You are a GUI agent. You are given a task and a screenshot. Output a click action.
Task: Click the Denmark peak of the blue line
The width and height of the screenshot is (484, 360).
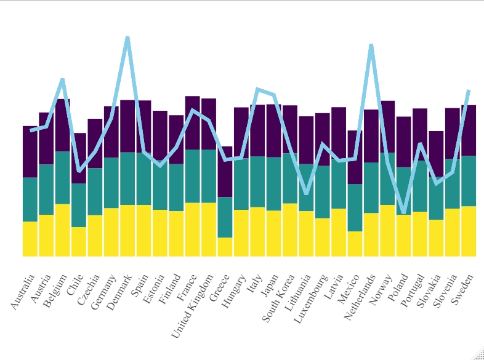click(x=127, y=38)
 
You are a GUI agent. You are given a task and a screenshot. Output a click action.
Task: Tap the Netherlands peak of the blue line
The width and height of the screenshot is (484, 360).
click(x=371, y=45)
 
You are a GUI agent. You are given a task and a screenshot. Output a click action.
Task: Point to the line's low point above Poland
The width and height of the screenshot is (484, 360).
click(x=404, y=212)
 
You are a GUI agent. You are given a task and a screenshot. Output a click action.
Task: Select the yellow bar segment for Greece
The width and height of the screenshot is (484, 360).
click(x=225, y=247)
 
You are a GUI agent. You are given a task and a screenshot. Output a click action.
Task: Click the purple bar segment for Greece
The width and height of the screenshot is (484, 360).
click(x=225, y=172)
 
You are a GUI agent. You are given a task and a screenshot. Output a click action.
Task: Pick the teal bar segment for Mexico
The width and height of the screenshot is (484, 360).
click(x=355, y=207)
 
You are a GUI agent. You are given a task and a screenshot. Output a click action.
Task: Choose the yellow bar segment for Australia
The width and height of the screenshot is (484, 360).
click(x=30, y=239)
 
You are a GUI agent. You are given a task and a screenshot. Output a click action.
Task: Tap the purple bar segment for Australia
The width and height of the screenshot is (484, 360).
click(x=30, y=151)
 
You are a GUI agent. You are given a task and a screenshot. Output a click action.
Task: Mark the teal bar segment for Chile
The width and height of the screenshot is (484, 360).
click(x=79, y=205)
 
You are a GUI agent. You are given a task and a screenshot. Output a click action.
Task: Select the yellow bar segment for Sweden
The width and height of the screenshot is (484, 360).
click(x=469, y=231)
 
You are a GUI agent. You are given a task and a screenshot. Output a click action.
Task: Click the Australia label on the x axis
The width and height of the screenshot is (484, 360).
click(x=23, y=292)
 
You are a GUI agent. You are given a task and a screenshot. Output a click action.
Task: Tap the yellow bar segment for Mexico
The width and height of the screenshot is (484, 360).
click(x=355, y=244)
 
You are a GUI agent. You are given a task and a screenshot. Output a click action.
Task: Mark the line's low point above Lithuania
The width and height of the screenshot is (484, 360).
click(x=306, y=193)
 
